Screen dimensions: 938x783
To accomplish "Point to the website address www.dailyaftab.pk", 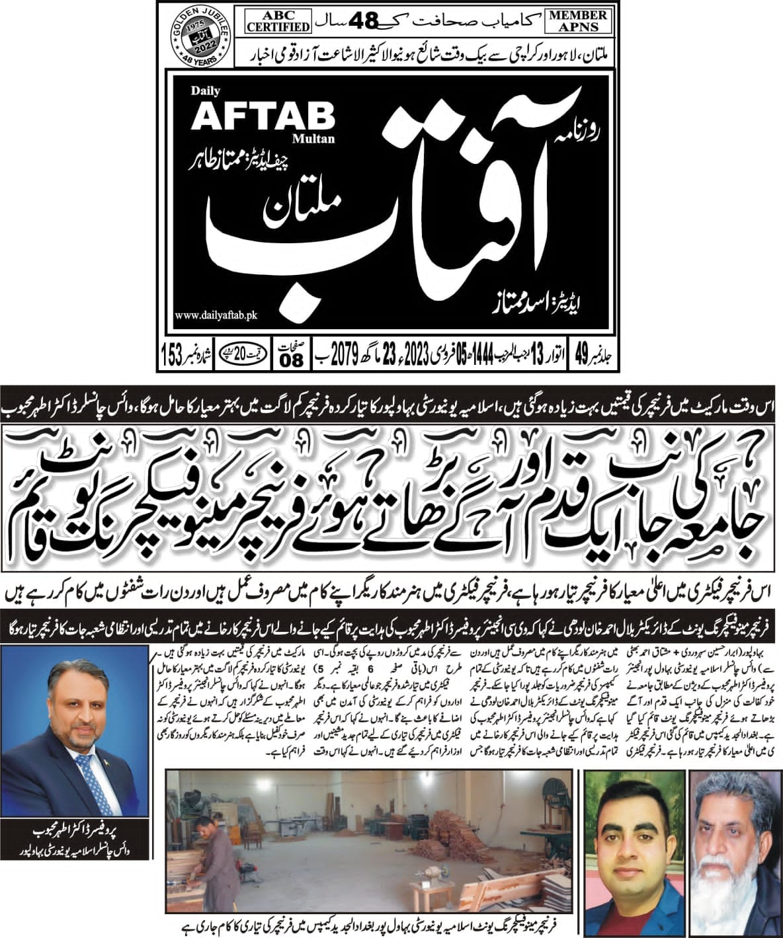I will pyautogui.click(x=216, y=317).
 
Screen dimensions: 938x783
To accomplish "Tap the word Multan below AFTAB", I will pyautogui.click(x=321, y=139).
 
